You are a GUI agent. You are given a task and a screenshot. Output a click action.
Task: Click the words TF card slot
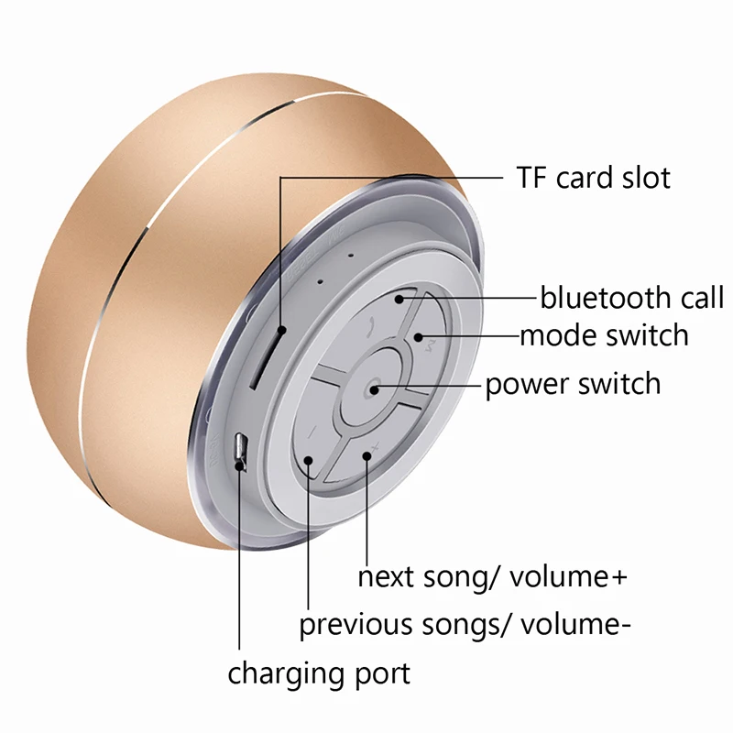coord(593,177)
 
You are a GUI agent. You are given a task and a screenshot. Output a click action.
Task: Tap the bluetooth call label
coord(631,298)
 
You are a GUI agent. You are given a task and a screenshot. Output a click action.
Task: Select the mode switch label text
coord(604,335)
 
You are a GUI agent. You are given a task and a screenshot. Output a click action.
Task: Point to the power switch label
coord(573,382)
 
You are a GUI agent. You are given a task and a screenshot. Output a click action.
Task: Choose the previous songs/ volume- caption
coord(465,626)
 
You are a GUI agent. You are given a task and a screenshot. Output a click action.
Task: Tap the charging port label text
coord(319,674)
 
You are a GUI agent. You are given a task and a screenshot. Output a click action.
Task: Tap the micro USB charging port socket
coord(241,449)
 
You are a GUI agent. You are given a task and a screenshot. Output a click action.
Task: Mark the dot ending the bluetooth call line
coord(400,298)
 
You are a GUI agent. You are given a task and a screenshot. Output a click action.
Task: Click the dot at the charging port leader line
coord(240,465)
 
